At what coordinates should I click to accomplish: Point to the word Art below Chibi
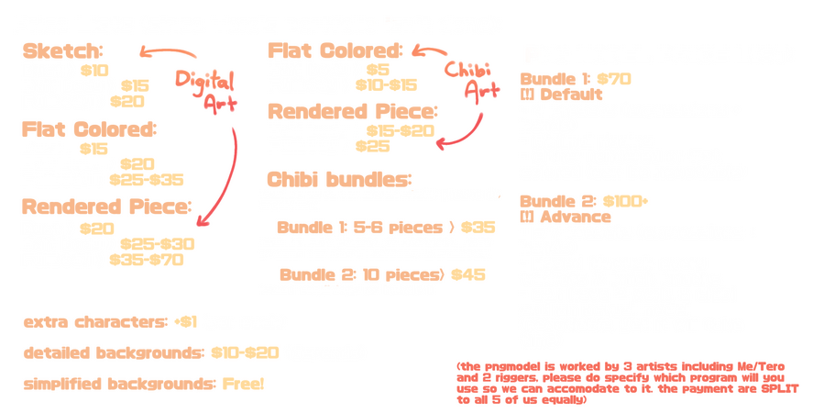coord(482,90)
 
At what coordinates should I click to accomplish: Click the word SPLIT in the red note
coord(770,388)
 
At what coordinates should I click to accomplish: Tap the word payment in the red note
coord(709,389)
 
